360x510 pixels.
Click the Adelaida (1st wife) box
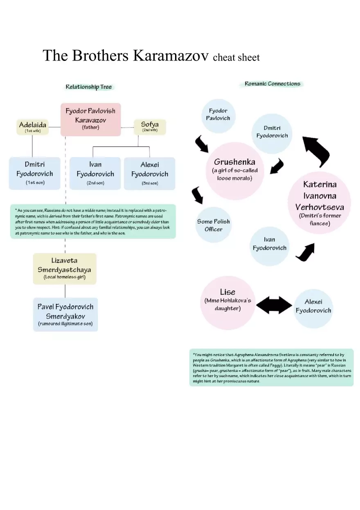(33, 127)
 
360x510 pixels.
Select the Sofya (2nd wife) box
(150, 127)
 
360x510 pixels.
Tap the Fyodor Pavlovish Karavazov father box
(90, 119)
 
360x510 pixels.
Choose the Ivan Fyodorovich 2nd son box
(95, 173)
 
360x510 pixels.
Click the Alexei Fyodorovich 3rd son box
(149, 173)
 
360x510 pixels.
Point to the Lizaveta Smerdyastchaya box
(65, 269)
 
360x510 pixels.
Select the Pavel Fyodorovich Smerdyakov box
(65, 315)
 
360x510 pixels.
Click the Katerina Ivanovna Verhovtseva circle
(319, 203)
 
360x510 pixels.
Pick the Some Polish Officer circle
(213, 225)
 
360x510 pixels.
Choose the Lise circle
(227, 303)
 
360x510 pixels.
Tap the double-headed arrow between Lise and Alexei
(274, 305)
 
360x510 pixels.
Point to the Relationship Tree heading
(89, 87)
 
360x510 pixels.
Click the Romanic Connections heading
(272, 84)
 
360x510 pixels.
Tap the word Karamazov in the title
(171, 56)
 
